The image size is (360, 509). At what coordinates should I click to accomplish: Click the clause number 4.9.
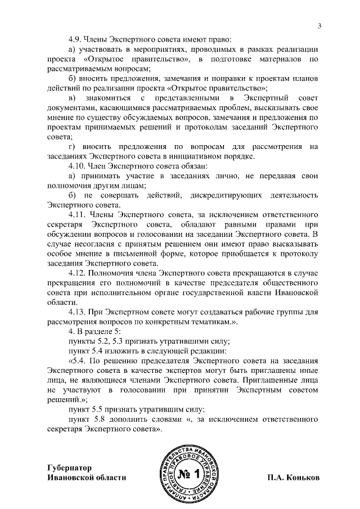pyautogui.click(x=75, y=40)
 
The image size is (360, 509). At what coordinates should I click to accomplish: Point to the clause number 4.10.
pyautogui.click(x=77, y=166)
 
